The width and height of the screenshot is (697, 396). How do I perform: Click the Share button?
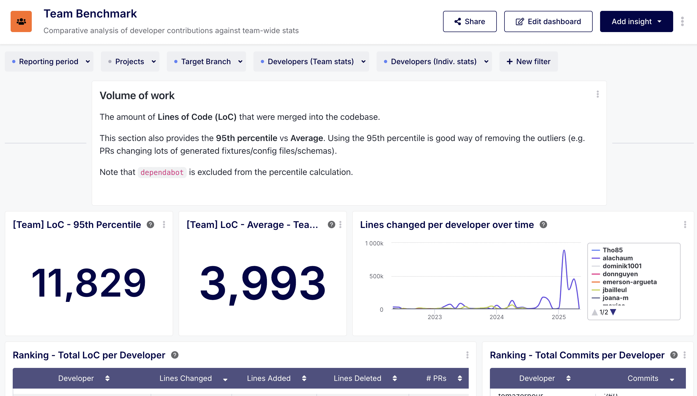coord(470,21)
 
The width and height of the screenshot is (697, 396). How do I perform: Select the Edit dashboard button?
coord(548,21)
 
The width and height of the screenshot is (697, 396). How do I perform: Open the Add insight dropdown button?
coord(636,21)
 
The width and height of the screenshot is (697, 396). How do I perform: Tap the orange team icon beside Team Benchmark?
coord(21,21)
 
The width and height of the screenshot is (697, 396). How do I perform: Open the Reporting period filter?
coord(49,61)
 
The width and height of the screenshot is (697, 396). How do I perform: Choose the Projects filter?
coord(130,61)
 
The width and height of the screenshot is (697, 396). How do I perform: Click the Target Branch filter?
coord(206,61)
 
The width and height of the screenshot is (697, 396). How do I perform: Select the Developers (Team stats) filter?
coord(311,61)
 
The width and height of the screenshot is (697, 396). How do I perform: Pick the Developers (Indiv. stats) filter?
coord(434,61)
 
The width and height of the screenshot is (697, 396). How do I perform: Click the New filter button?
coord(529,61)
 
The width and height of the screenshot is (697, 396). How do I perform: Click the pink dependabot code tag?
coord(162,173)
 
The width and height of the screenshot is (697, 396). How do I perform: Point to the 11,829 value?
coord(89,283)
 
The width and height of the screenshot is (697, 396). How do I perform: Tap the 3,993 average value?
coord(262,283)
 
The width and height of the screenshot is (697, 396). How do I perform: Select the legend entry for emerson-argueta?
coord(629,282)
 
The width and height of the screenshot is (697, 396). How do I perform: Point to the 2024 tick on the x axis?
coord(497,317)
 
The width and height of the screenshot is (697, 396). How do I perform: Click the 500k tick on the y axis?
coord(376,276)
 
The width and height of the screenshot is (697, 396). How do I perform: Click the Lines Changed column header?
coord(186,378)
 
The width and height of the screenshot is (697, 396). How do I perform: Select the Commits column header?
coord(643,378)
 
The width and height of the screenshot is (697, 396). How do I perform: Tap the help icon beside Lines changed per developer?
coord(543,225)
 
